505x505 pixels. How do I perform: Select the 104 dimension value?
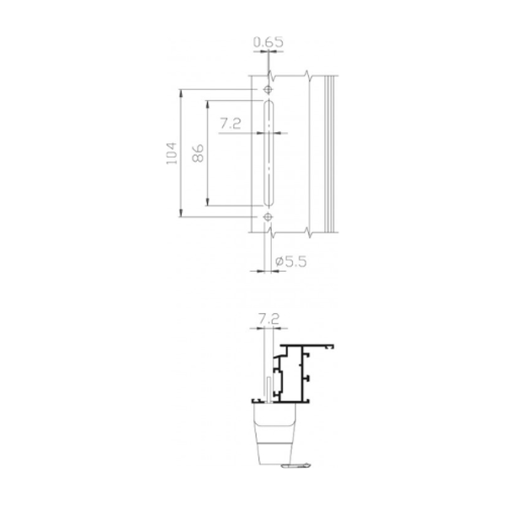coord(172,153)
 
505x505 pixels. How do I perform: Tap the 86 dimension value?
coord(199,153)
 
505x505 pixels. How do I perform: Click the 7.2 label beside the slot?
coord(231,124)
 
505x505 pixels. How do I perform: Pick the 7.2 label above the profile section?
coord(268,319)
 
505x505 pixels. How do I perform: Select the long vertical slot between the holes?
coord(268,153)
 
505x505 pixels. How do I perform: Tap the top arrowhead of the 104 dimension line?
coord(182,93)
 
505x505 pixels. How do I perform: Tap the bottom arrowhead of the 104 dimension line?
coord(182,215)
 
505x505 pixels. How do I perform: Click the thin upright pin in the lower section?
coord(268,390)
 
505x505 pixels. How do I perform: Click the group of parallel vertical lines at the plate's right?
coord(331,153)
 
